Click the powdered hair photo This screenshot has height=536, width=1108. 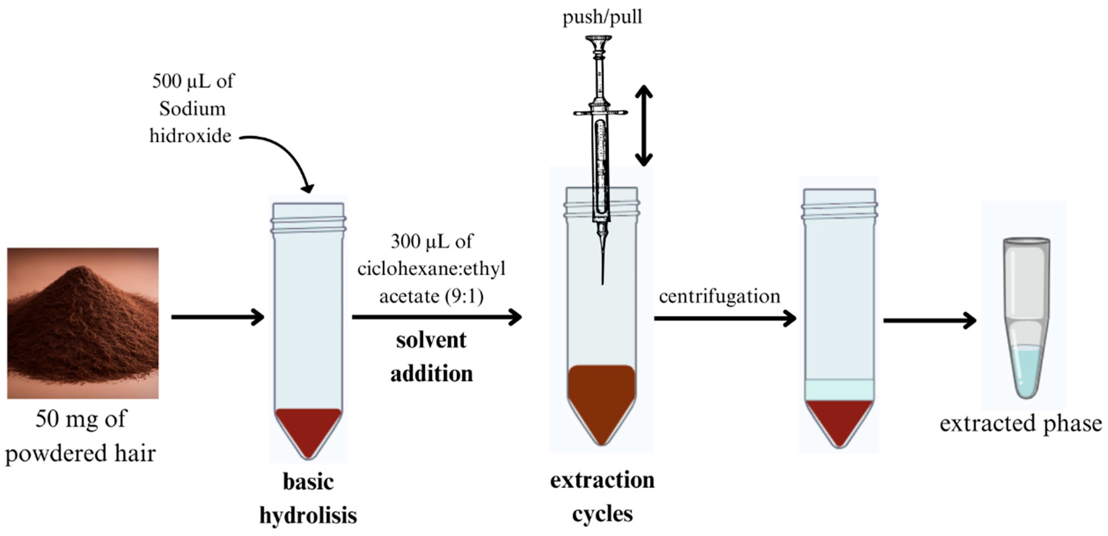(83, 323)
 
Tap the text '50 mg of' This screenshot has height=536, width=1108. (81, 419)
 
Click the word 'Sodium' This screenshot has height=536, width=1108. (192, 109)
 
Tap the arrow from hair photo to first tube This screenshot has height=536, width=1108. (217, 317)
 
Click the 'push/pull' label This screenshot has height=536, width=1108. (602, 17)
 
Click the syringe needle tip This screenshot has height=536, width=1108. (602, 282)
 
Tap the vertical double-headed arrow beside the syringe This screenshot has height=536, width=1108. (643, 125)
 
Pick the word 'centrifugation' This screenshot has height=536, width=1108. (719, 296)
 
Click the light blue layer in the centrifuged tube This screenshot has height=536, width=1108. (839, 390)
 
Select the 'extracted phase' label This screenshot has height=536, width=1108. (1020, 424)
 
